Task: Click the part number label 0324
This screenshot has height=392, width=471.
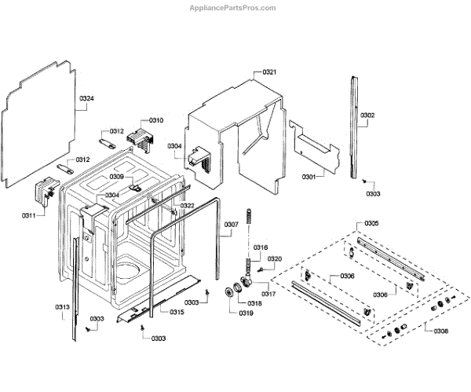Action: tap(86, 99)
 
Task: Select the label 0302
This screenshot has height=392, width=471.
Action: tap(367, 115)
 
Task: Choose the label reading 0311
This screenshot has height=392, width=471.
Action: tap(27, 214)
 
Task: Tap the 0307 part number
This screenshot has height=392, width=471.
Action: tap(231, 225)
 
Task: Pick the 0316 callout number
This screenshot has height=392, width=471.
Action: tap(261, 247)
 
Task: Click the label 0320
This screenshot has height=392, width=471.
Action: tap(275, 258)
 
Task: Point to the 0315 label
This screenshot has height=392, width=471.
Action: tap(177, 312)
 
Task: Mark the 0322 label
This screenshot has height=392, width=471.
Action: tap(188, 206)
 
